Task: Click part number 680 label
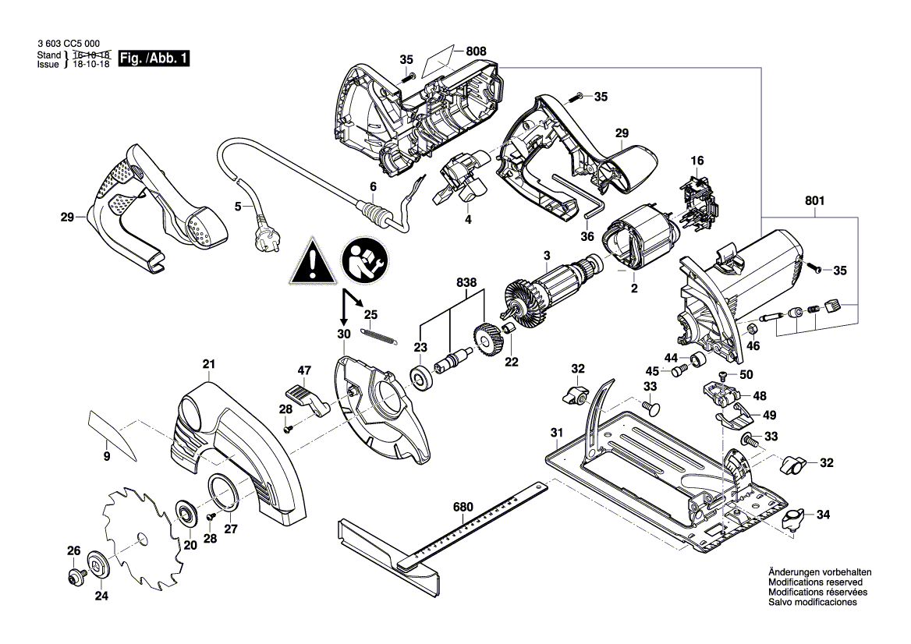(x=463, y=507)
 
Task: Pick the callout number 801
(x=815, y=200)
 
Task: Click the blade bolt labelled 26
(x=76, y=578)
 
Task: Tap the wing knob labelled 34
(x=793, y=519)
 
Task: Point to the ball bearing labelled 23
(x=422, y=378)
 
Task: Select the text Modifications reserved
(x=815, y=582)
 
